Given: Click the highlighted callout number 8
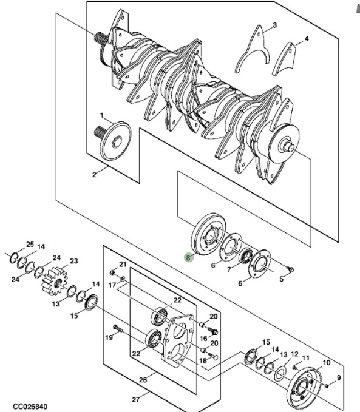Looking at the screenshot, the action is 188,258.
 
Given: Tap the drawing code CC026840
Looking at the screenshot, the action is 30,407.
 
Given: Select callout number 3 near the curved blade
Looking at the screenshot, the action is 274,25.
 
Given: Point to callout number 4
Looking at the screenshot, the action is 307,39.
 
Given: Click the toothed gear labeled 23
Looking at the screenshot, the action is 54,280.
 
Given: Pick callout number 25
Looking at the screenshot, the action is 30,245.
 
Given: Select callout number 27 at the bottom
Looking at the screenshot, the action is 136,400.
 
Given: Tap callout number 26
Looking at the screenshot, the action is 143,380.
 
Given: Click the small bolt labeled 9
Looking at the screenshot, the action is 327,386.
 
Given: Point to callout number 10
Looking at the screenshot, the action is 326,363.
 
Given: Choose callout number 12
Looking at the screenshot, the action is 294,354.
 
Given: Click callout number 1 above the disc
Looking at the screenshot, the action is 102,115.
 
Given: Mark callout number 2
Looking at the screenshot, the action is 94,175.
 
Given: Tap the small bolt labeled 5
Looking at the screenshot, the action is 291,269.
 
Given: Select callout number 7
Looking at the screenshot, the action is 229,269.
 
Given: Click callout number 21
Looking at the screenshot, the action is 123,264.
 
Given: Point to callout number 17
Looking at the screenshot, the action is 112,285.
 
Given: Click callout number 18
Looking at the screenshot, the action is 203,361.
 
